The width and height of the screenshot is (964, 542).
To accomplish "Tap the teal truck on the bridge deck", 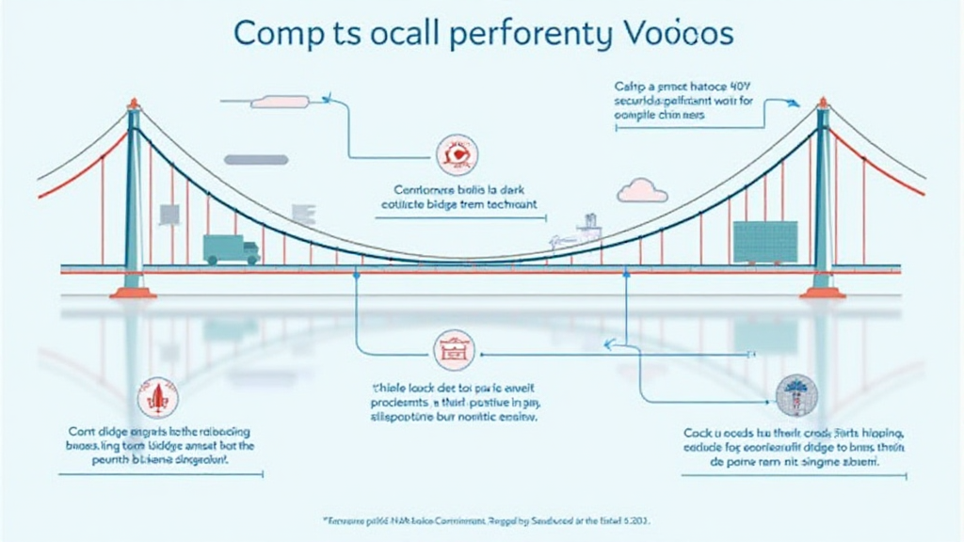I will tap(231, 248).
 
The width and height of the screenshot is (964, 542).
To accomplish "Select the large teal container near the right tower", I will tap(764, 242).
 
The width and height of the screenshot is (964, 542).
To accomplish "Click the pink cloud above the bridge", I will tap(642, 190).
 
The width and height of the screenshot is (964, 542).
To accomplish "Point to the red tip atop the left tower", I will tap(133, 102).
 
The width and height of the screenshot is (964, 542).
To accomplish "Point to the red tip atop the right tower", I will tap(822, 102).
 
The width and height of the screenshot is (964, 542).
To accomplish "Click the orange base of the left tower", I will tap(133, 293).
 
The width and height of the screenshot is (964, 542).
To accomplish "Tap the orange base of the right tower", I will tap(822, 293).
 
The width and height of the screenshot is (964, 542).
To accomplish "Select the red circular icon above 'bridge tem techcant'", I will tap(458, 154).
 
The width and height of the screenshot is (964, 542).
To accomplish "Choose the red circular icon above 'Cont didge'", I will tap(155, 397).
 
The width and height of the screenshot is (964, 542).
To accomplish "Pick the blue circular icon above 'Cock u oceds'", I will tap(796, 395).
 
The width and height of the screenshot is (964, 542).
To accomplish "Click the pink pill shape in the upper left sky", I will tap(279, 101).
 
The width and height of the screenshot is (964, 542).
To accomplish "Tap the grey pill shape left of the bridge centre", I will tap(254, 160).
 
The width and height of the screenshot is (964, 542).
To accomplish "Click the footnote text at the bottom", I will tap(482, 519).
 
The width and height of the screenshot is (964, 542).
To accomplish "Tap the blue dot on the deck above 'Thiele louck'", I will tap(356, 274).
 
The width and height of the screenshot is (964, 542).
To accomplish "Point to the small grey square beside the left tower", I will tap(169, 215).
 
